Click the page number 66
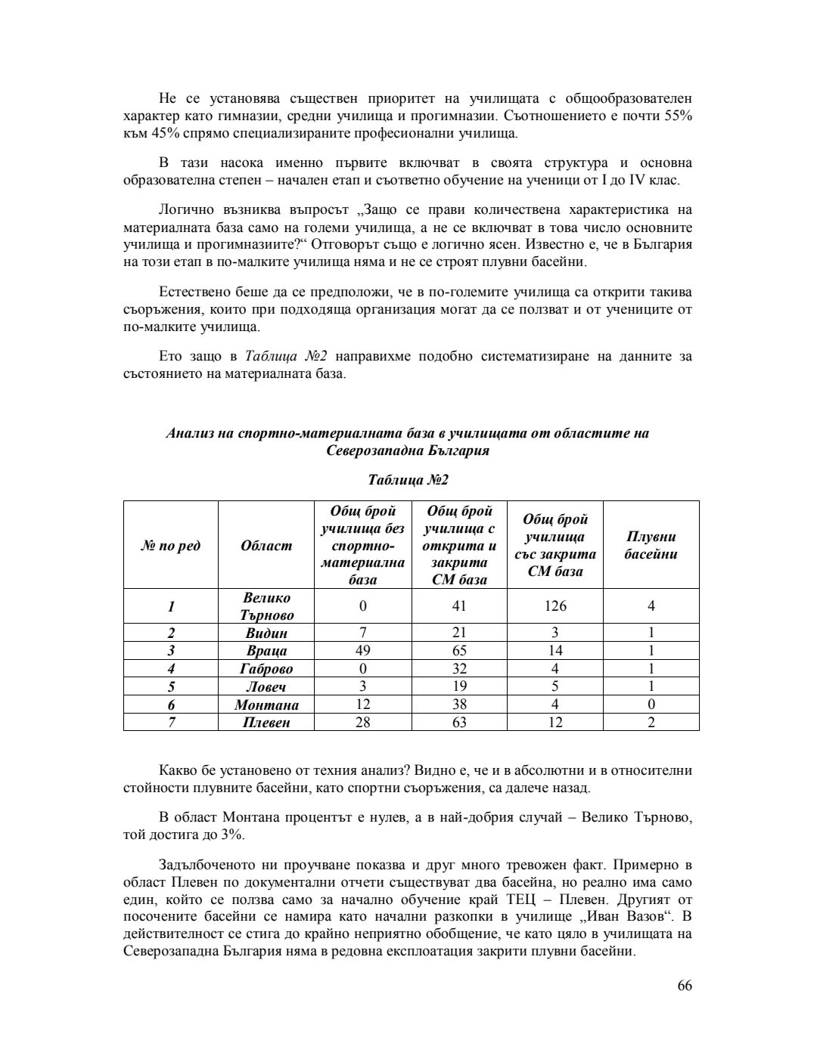[x=684, y=986]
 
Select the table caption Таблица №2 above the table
[x=408, y=481]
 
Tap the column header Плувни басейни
[x=651, y=545]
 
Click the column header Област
[x=266, y=545]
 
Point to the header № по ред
[x=171, y=545]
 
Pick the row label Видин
[x=266, y=633]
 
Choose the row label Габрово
[x=266, y=669]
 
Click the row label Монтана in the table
[x=266, y=705]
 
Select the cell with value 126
[x=555, y=606]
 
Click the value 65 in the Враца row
[x=458, y=651]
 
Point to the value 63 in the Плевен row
[x=458, y=723]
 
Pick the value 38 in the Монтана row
[x=458, y=705]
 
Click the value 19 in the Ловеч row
[x=458, y=687]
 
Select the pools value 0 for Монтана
[x=651, y=705]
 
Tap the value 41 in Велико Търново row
[x=458, y=606]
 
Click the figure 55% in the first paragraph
[x=678, y=117]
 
